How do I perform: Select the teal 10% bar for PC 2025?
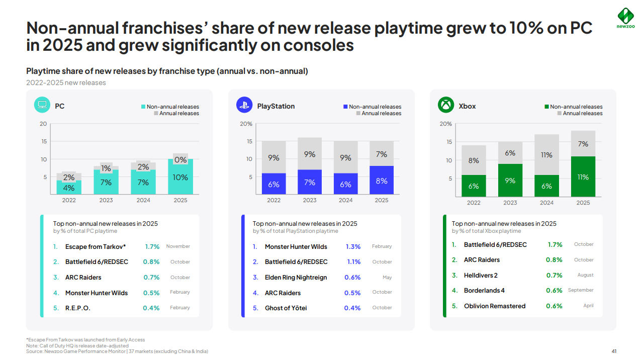pyautogui.click(x=180, y=176)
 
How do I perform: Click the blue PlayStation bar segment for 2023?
pyautogui.click(x=310, y=182)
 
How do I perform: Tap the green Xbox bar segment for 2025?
pyautogui.click(x=583, y=176)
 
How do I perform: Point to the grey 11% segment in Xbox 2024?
pyautogui.click(x=546, y=155)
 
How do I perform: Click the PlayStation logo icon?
pyautogui.click(x=244, y=105)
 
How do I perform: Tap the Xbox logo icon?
pyautogui.click(x=446, y=105)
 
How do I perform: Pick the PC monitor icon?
pyautogui.click(x=42, y=105)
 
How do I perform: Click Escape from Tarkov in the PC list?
pyautogui.click(x=96, y=247)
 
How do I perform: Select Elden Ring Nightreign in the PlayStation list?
pyautogui.click(x=296, y=278)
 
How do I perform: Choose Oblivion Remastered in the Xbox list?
pyautogui.click(x=495, y=306)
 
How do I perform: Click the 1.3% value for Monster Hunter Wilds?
pyautogui.click(x=353, y=247)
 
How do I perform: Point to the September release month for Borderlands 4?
pyautogui.click(x=581, y=290)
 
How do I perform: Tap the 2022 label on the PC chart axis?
pyautogui.click(x=69, y=200)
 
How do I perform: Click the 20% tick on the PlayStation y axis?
pyautogui.click(x=246, y=124)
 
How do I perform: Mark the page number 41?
pyautogui.click(x=614, y=351)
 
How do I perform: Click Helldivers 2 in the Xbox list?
pyautogui.click(x=481, y=276)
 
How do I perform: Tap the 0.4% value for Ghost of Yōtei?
pyautogui.click(x=352, y=308)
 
